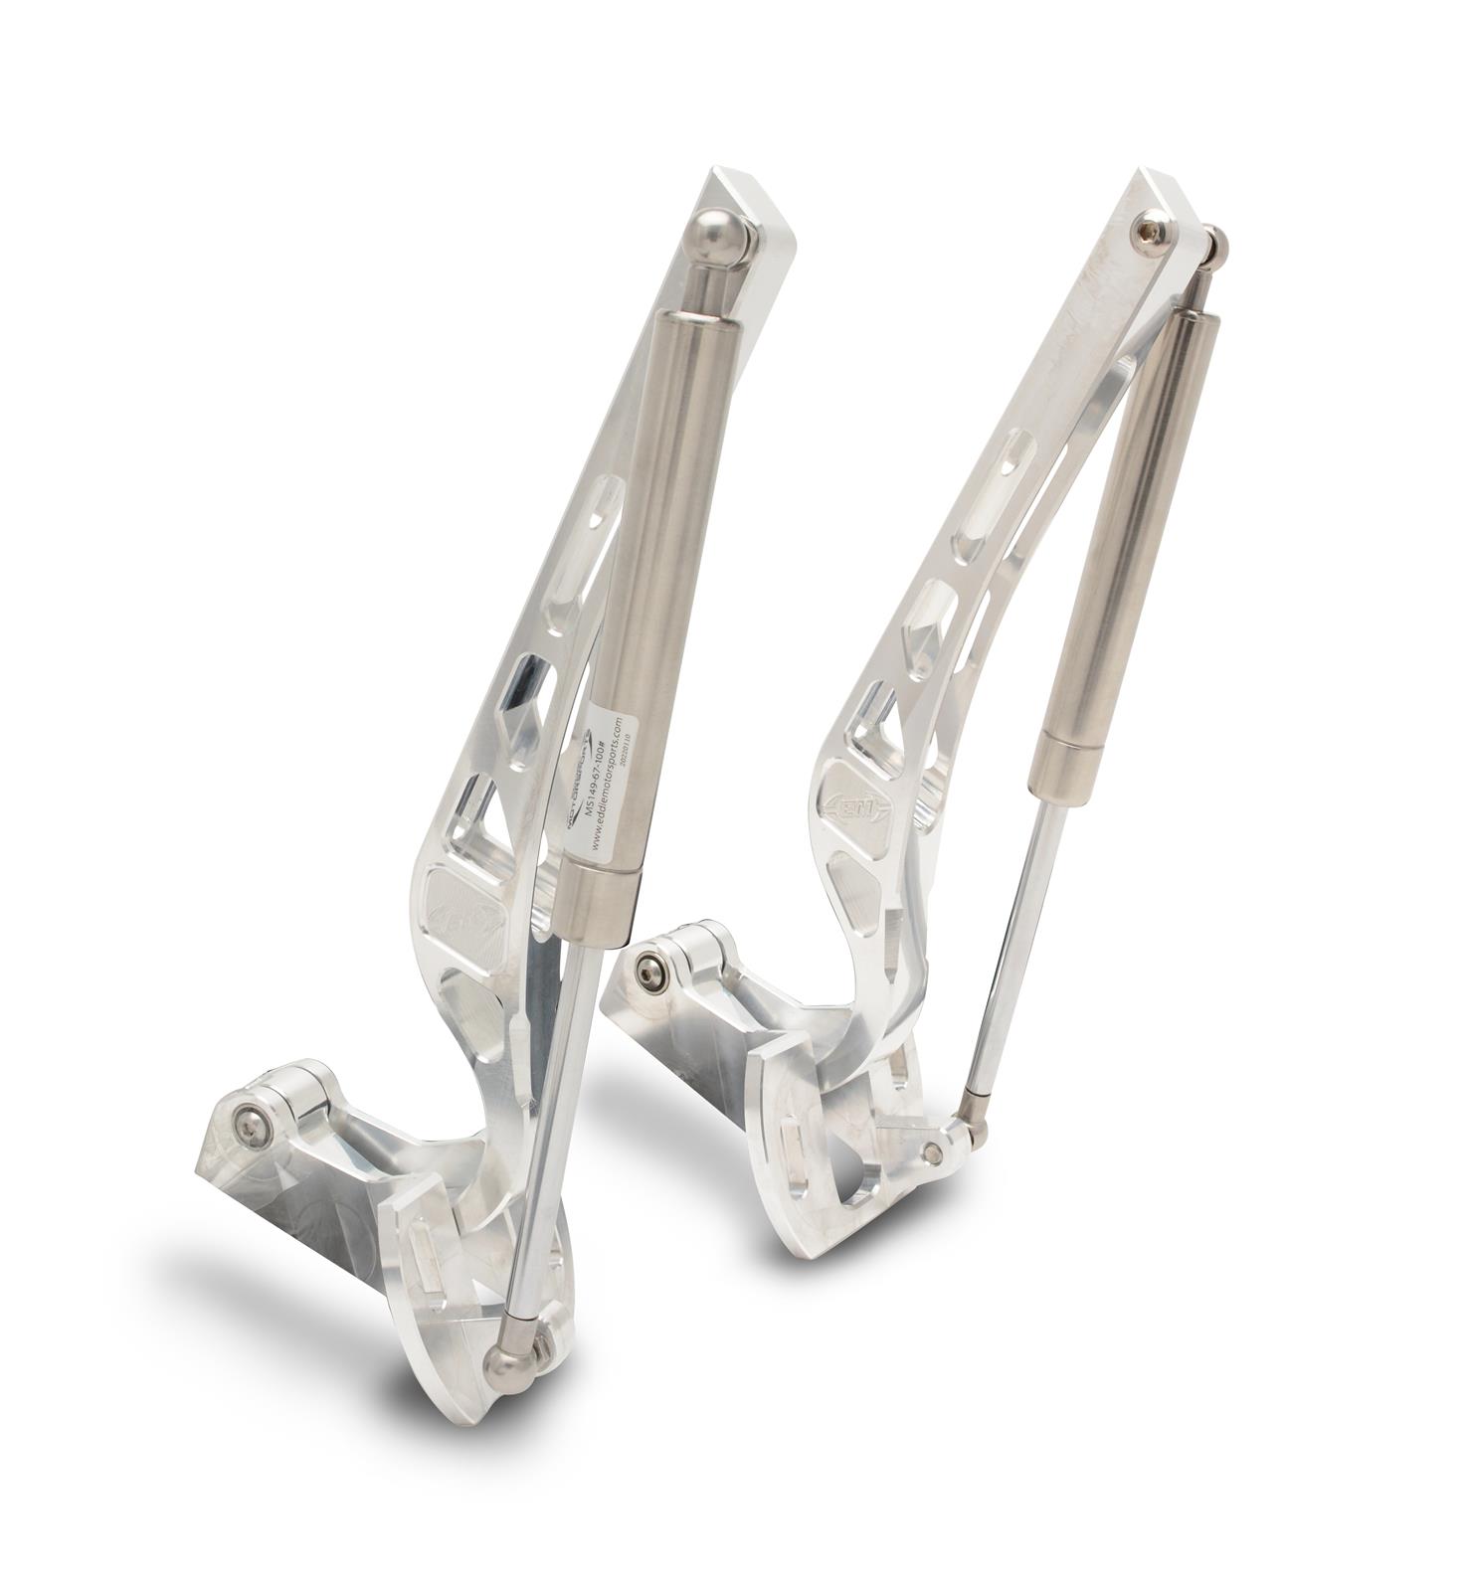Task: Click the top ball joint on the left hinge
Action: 719,236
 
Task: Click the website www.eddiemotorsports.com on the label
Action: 610,786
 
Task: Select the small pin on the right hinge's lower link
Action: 932,1152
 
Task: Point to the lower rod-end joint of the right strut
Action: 973,1103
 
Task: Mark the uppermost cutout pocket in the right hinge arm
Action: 1016,449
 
